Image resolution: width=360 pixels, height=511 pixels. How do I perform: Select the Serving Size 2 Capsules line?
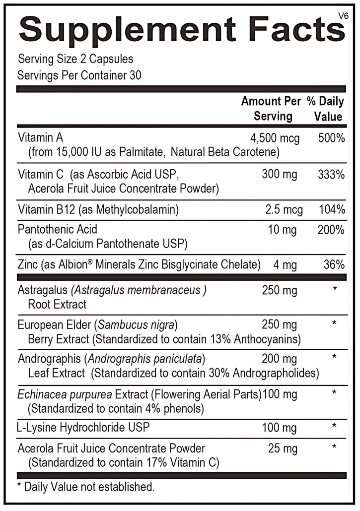pyautogui.click(x=75, y=59)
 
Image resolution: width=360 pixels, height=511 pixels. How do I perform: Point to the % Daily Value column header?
pyautogui.click(x=325, y=109)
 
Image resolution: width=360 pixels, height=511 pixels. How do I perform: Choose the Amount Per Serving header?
pyautogui.click(x=271, y=109)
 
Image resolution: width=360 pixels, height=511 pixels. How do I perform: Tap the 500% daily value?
pyautogui.click(x=331, y=138)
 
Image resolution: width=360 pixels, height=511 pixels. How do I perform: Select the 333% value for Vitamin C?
pyautogui.click(x=331, y=175)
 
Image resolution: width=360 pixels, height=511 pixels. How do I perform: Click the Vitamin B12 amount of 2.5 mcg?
pyautogui.click(x=284, y=210)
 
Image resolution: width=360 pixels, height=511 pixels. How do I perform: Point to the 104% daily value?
pyautogui.click(x=331, y=210)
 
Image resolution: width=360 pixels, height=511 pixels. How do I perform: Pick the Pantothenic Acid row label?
pyautogui.click(x=58, y=230)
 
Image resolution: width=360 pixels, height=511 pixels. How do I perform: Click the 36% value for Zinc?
pyautogui.click(x=334, y=264)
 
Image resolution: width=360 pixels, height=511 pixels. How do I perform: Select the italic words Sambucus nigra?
pyautogui.click(x=137, y=325)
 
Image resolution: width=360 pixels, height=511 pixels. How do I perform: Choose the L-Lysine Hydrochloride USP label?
pyautogui.click(x=83, y=427)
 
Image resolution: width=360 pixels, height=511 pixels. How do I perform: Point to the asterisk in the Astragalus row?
pyautogui.click(x=335, y=289)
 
